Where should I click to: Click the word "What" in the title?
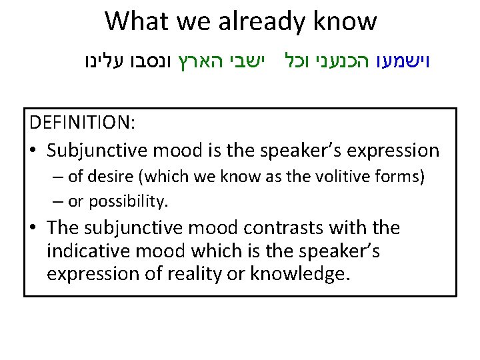coord(137,21)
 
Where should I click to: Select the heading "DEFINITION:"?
coord(82,124)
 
